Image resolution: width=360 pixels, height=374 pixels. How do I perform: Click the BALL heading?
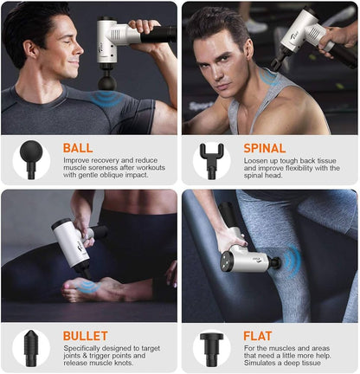(78, 148)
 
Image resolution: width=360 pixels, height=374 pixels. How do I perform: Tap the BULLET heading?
(85, 336)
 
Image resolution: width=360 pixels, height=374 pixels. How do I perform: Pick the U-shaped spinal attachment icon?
(211, 159)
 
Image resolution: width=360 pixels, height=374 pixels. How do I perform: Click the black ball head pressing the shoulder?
(106, 82)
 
